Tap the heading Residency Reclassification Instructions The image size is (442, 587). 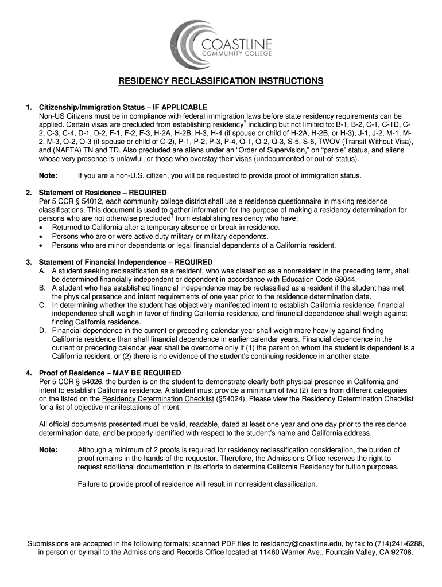click(x=221, y=81)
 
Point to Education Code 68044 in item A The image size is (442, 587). click(x=340, y=279)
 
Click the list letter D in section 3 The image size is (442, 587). click(x=42, y=331)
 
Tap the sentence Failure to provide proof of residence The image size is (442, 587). click(x=197, y=484)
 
